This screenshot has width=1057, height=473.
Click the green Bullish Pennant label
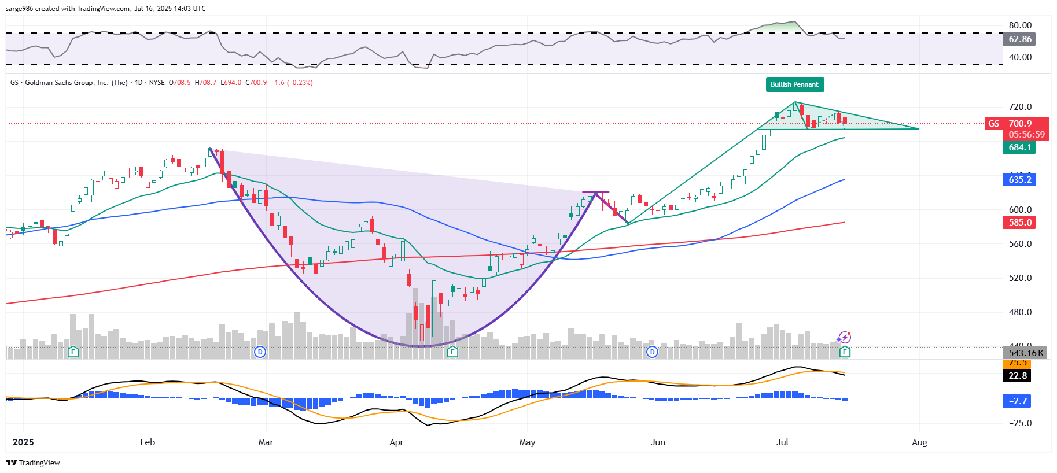794,84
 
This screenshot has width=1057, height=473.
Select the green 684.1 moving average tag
1019,147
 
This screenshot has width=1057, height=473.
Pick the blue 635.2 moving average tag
1019,180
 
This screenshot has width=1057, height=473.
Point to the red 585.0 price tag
1019,223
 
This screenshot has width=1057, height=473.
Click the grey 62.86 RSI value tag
1019,39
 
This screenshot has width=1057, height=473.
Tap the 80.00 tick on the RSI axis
1020,25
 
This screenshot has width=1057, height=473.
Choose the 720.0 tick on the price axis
1020,107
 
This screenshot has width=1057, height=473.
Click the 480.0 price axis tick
1020,312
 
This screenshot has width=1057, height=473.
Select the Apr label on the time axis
396,442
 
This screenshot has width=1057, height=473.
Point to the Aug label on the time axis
919,442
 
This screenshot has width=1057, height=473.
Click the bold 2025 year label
23,442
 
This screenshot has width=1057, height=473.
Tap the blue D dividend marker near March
260,352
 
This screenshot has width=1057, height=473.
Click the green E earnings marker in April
452,352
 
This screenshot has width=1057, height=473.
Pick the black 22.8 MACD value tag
1018,376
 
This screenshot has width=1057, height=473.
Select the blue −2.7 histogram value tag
1018,401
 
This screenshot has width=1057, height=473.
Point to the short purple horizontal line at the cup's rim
595,192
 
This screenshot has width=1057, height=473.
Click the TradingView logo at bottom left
33,463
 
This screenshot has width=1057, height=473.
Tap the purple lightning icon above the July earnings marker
844,338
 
